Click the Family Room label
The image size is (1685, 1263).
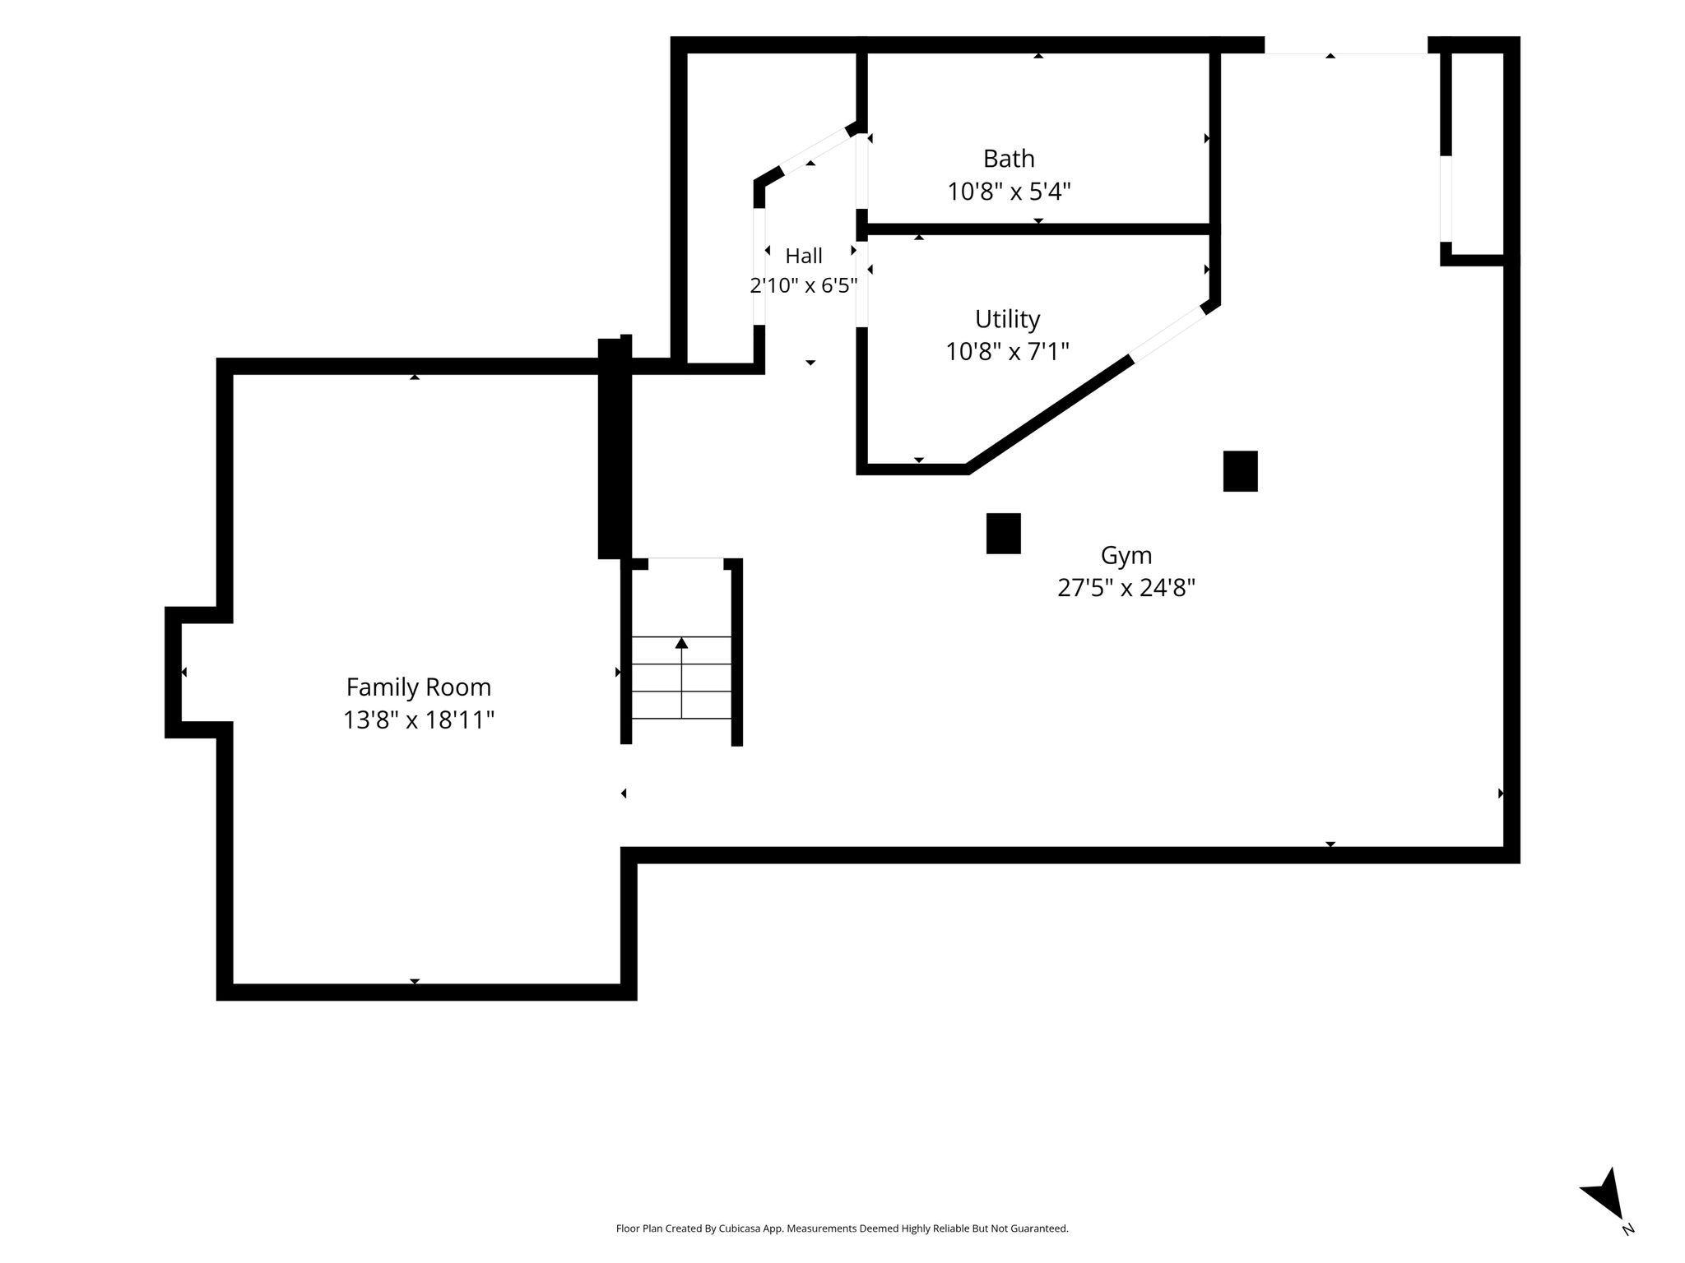point(418,687)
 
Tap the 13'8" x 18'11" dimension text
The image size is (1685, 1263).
point(419,720)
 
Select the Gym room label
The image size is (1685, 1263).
point(1126,557)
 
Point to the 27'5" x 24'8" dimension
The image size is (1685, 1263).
point(1126,588)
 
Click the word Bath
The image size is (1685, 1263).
point(1009,158)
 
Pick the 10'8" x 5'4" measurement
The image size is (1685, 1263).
point(1009,192)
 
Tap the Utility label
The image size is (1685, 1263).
point(1008,319)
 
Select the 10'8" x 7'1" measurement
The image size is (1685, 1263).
point(1008,352)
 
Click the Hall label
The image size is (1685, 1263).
point(804,256)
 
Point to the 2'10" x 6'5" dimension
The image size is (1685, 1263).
point(804,285)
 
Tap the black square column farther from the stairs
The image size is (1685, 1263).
point(1240,471)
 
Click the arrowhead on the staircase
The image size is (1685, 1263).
point(681,643)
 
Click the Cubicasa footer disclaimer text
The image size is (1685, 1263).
point(842,1228)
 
